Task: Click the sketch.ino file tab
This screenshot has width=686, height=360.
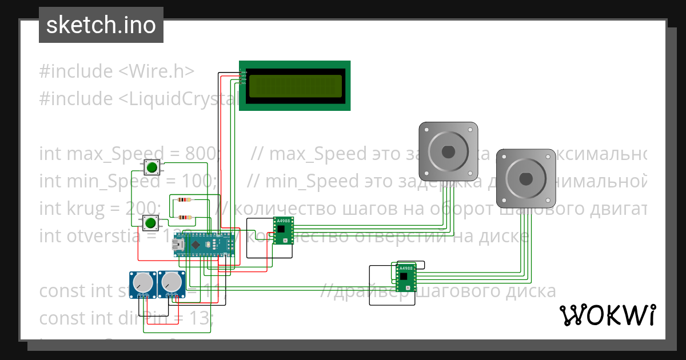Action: (x=101, y=25)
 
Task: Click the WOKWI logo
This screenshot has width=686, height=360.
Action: (x=607, y=315)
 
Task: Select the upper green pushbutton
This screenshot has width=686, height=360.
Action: (x=152, y=167)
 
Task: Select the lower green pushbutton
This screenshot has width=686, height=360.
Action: (x=150, y=222)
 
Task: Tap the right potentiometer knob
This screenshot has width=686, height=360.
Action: (x=170, y=282)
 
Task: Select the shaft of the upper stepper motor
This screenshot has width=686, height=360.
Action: (x=448, y=151)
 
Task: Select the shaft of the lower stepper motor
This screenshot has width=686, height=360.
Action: (x=525, y=178)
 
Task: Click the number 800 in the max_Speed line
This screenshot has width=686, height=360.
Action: (x=201, y=154)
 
